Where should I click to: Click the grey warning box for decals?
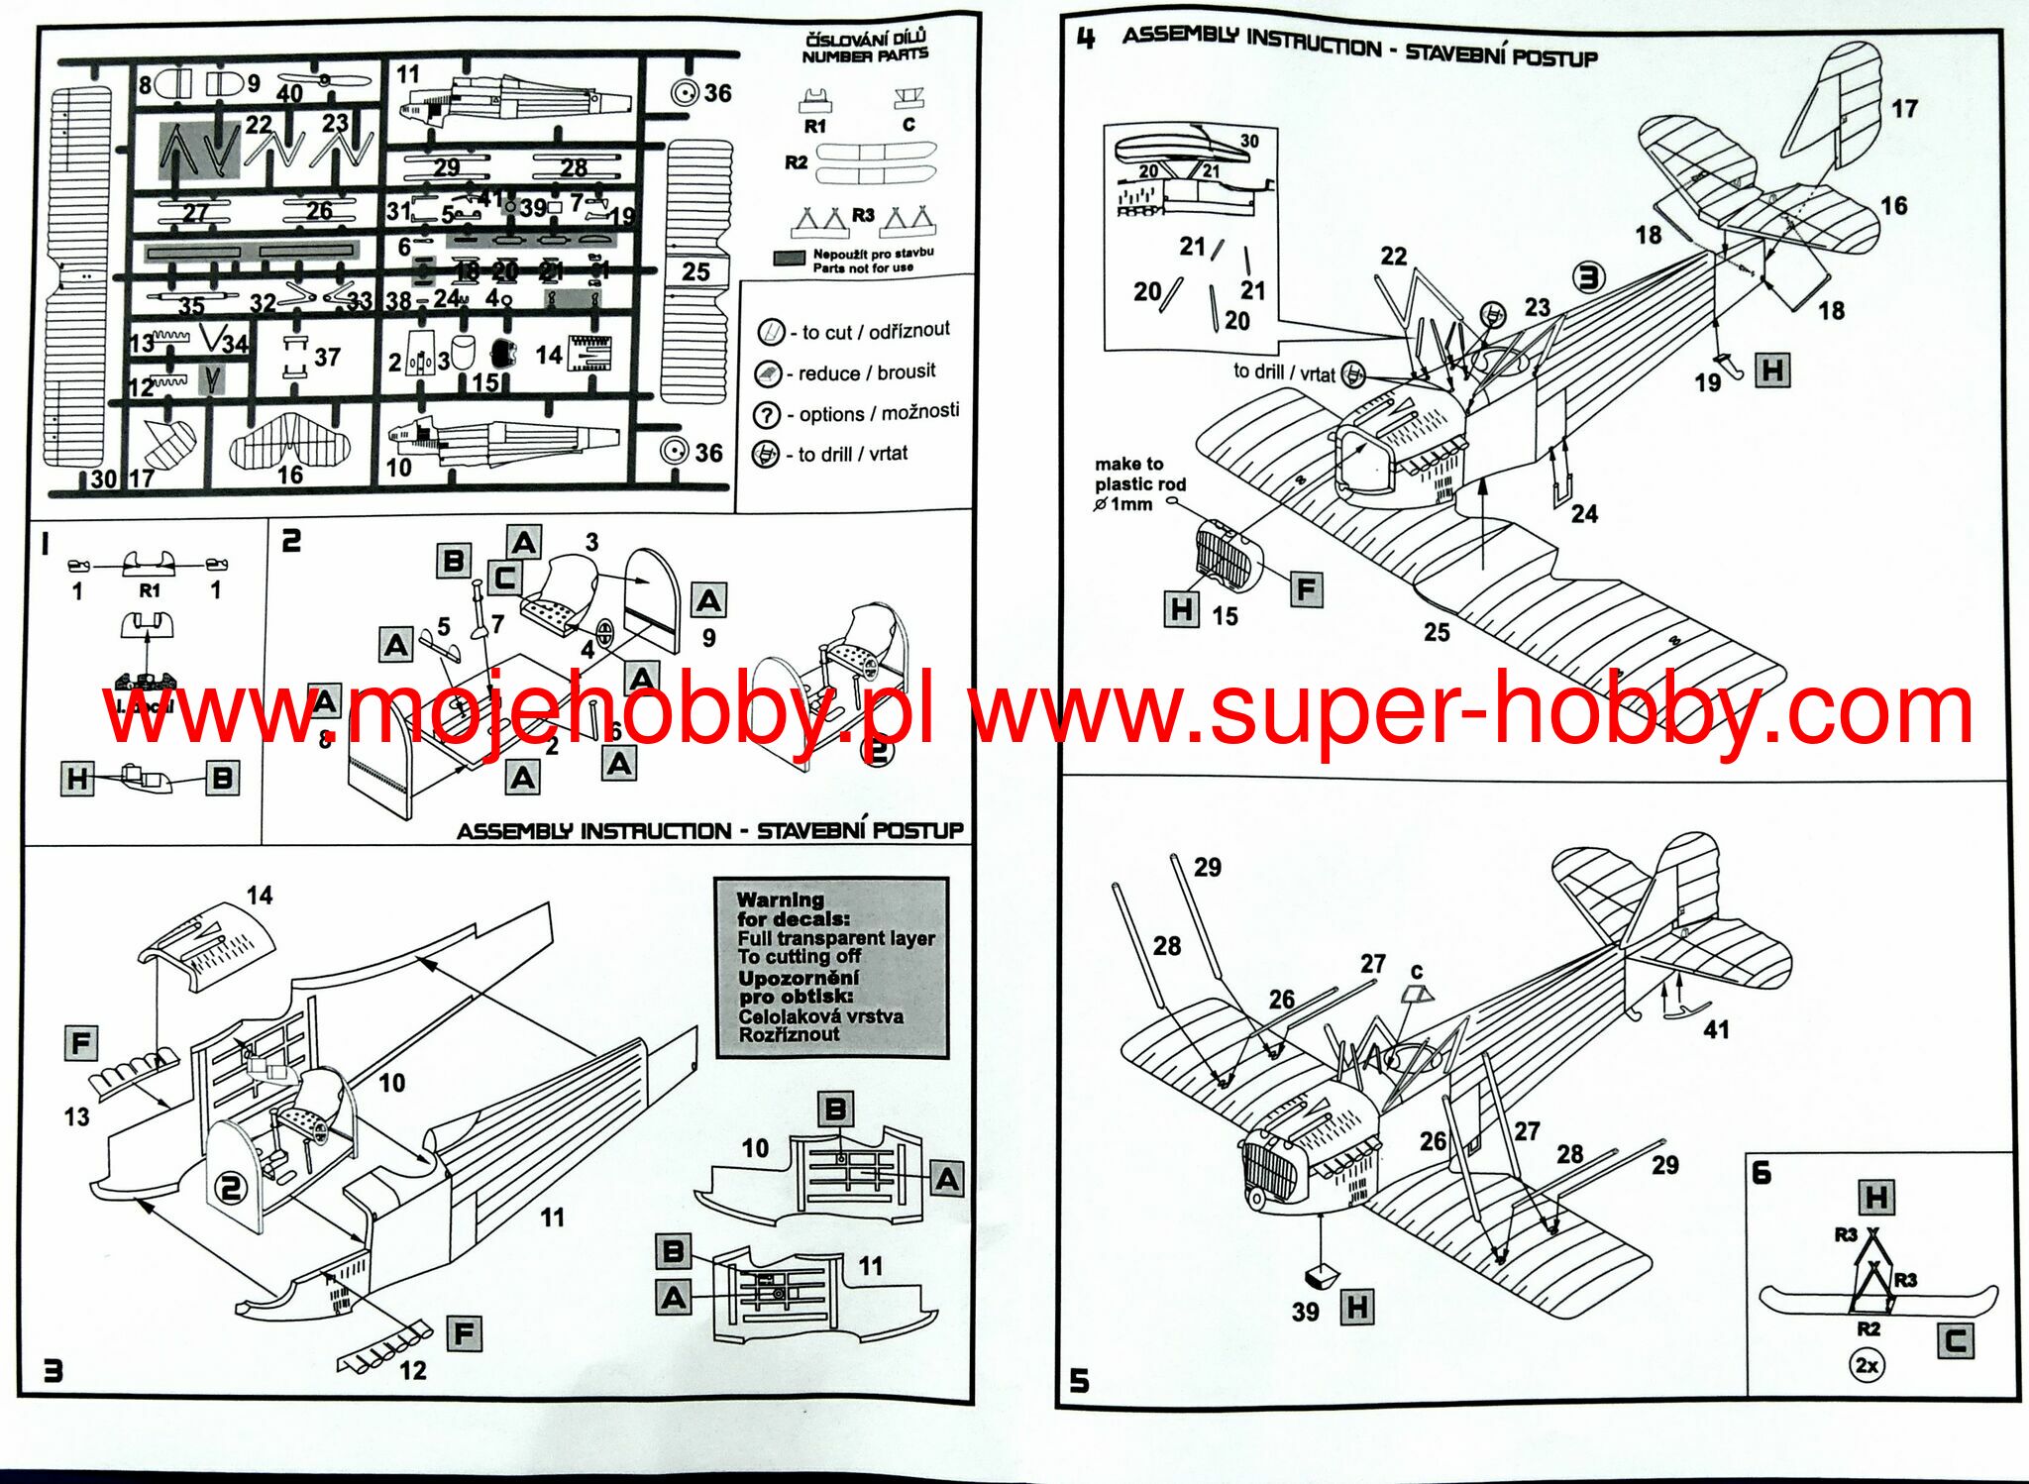pos(831,967)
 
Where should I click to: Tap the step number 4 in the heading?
pos(1087,39)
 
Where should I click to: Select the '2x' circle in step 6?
pos(1867,1365)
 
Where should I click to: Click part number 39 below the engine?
pos(1305,1312)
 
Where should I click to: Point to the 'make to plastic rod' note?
pos(1138,483)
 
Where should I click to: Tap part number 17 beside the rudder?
pos(1904,108)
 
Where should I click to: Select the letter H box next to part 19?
pos(1772,371)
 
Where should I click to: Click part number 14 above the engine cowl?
pos(260,896)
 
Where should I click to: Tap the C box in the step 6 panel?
pos(1955,1342)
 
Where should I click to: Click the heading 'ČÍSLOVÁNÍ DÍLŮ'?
pos(866,40)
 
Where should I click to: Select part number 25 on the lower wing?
pos(1437,632)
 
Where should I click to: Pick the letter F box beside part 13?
pos(81,1043)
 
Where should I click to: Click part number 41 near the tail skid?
pos(1716,1029)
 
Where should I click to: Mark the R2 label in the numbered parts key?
pos(797,162)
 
